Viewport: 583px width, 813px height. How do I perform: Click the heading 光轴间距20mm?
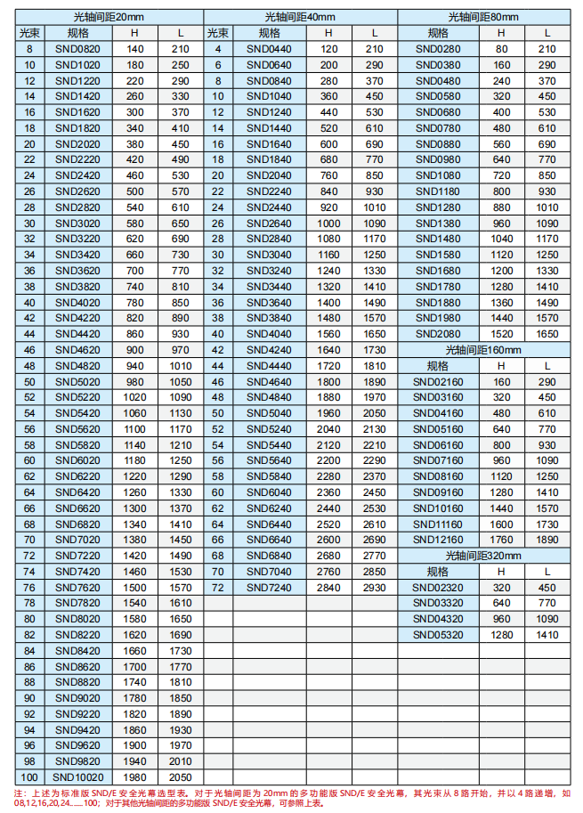click(x=109, y=17)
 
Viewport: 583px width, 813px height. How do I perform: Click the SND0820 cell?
click(x=78, y=48)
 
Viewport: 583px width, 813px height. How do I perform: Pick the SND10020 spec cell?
click(x=78, y=776)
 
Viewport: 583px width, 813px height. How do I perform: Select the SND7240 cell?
click(x=269, y=588)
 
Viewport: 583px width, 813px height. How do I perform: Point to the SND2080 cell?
click(x=438, y=333)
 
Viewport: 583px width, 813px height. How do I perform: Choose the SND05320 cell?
click(x=438, y=635)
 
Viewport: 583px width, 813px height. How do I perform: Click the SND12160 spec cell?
click(x=438, y=539)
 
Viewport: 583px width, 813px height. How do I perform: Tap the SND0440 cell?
click(x=269, y=48)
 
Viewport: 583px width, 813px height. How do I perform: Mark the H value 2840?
click(x=328, y=588)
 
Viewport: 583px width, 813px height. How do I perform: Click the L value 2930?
click(x=375, y=588)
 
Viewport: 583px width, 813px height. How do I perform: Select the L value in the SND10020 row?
click(x=181, y=776)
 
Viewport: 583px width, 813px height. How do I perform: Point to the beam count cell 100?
click(x=29, y=776)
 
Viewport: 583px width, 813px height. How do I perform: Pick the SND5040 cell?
click(x=269, y=413)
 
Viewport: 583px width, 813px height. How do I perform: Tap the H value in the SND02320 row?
click(x=502, y=588)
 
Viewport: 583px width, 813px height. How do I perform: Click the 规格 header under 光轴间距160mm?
click(x=438, y=365)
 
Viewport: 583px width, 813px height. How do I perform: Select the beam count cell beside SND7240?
click(x=218, y=588)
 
